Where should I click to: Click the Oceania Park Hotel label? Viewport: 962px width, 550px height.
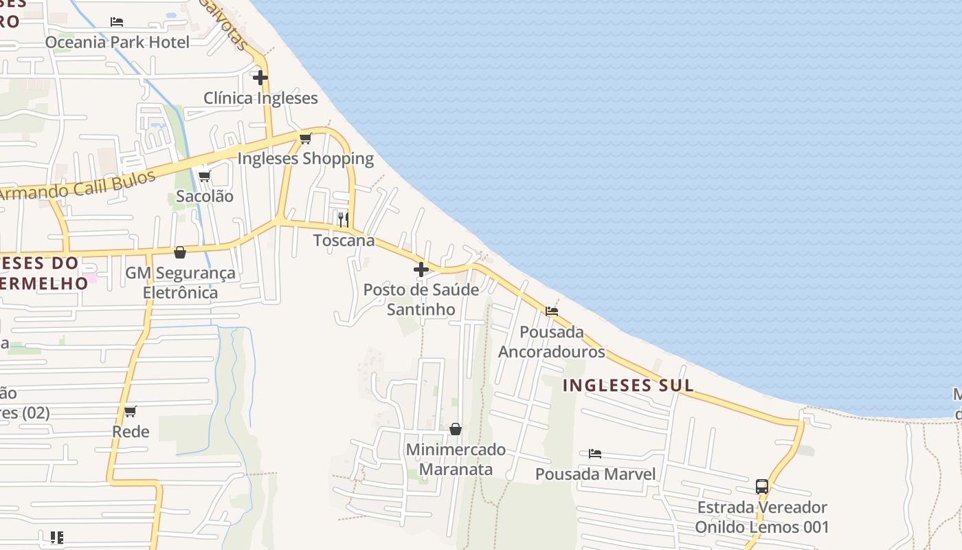click(117, 42)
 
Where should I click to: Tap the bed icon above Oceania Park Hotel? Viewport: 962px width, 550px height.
click(117, 22)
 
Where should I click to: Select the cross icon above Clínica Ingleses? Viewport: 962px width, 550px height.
click(260, 78)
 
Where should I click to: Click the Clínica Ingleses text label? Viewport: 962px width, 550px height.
click(260, 98)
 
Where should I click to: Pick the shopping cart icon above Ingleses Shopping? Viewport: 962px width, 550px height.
click(306, 139)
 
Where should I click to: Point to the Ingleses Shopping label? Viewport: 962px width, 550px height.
click(305, 159)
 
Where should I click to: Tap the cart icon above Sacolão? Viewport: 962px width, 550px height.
click(204, 176)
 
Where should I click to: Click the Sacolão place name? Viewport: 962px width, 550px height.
click(205, 196)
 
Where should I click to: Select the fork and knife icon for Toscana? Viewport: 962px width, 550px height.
click(343, 220)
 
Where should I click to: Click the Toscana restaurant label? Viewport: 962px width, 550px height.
click(344, 241)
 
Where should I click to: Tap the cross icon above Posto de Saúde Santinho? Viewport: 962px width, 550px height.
click(421, 269)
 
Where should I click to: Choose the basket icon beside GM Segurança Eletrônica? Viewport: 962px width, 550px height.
click(180, 253)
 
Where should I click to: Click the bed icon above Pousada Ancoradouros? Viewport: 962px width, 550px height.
click(552, 311)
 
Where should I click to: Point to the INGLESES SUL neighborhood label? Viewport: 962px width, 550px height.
click(628, 385)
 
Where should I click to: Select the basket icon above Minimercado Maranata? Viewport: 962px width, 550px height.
click(455, 430)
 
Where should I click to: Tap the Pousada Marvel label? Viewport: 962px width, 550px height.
click(595, 474)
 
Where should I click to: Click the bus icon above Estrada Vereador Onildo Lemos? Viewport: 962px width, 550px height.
click(761, 487)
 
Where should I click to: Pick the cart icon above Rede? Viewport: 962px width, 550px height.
click(130, 412)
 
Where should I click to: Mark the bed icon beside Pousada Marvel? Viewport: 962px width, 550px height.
click(595, 454)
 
